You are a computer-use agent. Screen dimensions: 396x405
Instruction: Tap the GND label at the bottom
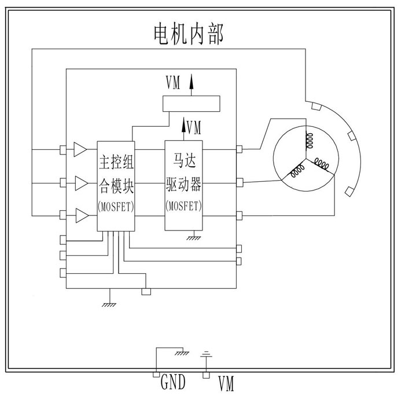(172, 383)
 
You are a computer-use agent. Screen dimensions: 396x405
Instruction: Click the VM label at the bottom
(226, 383)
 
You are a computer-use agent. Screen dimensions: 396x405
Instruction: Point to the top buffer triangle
(80, 150)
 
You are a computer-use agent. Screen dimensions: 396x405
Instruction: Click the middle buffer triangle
(80, 184)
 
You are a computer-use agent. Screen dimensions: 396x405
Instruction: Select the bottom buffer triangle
(80, 217)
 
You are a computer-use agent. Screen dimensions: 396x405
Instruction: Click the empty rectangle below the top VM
(192, 104)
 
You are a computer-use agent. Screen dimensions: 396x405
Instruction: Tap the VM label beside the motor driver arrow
(194, 126)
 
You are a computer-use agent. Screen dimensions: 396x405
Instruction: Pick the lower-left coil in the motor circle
(297, 172)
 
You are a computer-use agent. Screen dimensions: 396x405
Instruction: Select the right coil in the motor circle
(323, 166)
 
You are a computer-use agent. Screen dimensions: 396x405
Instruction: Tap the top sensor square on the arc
(315, 106)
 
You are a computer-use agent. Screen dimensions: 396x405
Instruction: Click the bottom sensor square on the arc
(349, 192)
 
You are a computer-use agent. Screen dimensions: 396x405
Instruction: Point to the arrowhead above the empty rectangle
(192, 81)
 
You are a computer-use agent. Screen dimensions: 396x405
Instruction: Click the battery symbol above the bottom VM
(206, 354)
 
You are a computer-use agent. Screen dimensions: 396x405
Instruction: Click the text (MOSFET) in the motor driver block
(184, 206)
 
